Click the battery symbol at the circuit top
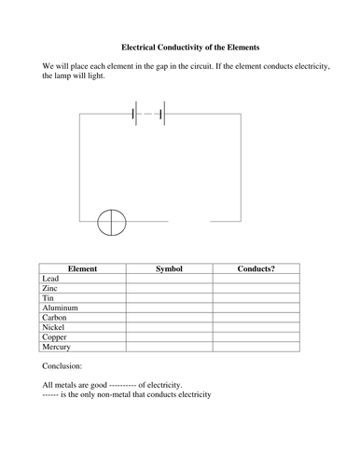149,115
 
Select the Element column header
83,268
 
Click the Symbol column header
170,268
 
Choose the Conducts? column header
256,268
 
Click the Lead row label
52,278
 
